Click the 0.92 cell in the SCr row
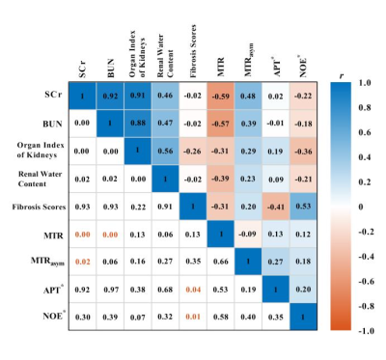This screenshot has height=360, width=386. (x=110, y=96)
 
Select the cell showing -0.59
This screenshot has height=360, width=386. (x=220, y=96)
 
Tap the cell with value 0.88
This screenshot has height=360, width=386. (x=138, y=124)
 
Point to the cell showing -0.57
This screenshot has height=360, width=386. (x=220, y=124)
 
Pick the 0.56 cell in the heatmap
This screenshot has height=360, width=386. (x=165, y=152)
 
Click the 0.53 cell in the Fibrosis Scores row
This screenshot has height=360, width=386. (x=303, y=207)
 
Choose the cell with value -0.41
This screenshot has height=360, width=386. (x=276, y=207)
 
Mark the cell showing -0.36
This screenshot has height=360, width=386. (x=303, y=152)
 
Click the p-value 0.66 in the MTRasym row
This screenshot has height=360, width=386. (x=220, y=262)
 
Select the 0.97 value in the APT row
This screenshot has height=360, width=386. (x=110, y=290)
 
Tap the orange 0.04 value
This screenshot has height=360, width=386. (x=193, y=290)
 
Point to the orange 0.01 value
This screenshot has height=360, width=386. (x=193, y=317)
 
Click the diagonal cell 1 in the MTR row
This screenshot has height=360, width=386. (x=220, y=234)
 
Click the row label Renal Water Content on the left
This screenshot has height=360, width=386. (x=40, y=179)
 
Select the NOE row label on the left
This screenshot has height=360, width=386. (x=53, y=316)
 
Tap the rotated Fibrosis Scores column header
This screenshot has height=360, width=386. (x=193, y=51)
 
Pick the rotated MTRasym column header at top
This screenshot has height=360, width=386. (x=249, y=60)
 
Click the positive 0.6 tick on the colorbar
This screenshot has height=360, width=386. (x=365, y=132)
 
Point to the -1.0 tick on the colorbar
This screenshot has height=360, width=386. (x=367, y=331)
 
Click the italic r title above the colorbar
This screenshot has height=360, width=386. (x=341, y=76)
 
